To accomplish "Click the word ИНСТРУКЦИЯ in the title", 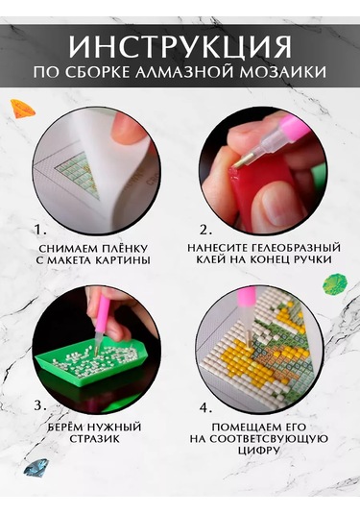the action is [180, 46].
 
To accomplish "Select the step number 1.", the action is [41, 229].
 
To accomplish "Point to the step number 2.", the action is [206, 231].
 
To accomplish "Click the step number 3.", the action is [40, 406].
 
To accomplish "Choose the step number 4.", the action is [206, 408].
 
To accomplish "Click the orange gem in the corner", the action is [22, 109].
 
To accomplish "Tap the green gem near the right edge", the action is [334, 283].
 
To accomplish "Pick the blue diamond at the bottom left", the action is [36, 468].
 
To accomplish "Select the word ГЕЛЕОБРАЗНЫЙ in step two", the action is [295, 248].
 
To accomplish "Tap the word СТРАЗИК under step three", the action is [95, 439].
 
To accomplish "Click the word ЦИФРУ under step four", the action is [259, 450].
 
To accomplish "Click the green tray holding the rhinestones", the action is [92, 364].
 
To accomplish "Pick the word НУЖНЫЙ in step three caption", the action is [114, 428].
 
